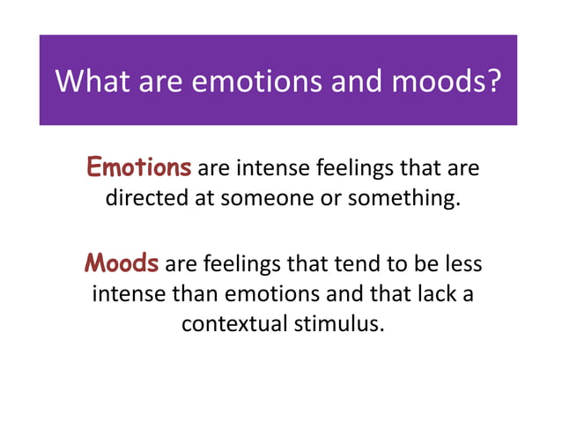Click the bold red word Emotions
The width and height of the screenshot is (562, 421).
(138, 166)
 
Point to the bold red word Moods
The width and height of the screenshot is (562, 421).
(122, 263)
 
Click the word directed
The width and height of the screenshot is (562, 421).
(146, 197)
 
